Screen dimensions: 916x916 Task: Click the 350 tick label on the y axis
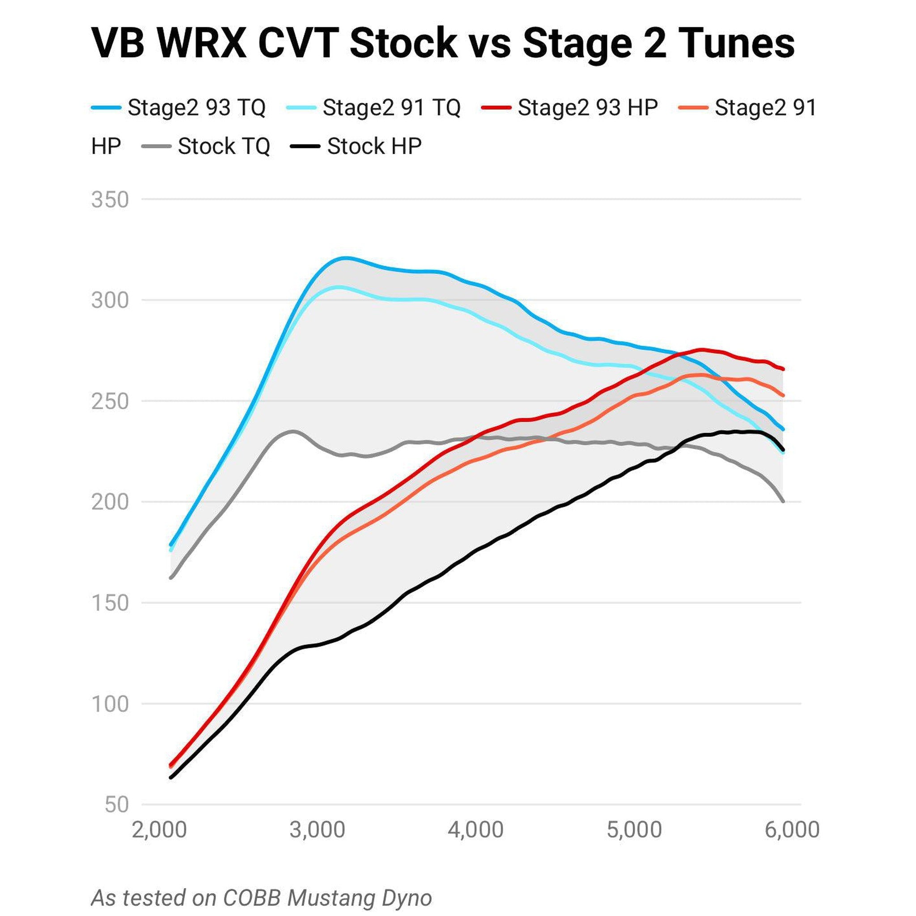(x=110, y=199)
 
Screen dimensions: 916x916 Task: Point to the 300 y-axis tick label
(x=110, y=300)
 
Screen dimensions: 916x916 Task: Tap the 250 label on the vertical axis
(x=110, y=401)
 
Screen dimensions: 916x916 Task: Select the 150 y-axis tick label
(x=110, y=603)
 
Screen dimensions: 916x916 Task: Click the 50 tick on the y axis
(x=117, y=805)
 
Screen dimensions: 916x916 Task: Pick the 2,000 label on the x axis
(x=159, y=830)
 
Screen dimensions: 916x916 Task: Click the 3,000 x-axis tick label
(x=317, y=830)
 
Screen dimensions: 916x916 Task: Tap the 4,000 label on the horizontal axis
(x=475, y=830)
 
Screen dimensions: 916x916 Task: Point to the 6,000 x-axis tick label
(x=792, y=830)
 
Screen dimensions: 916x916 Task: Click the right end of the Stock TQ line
(x=783, y=501)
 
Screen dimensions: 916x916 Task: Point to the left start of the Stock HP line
(x=171, y=777)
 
